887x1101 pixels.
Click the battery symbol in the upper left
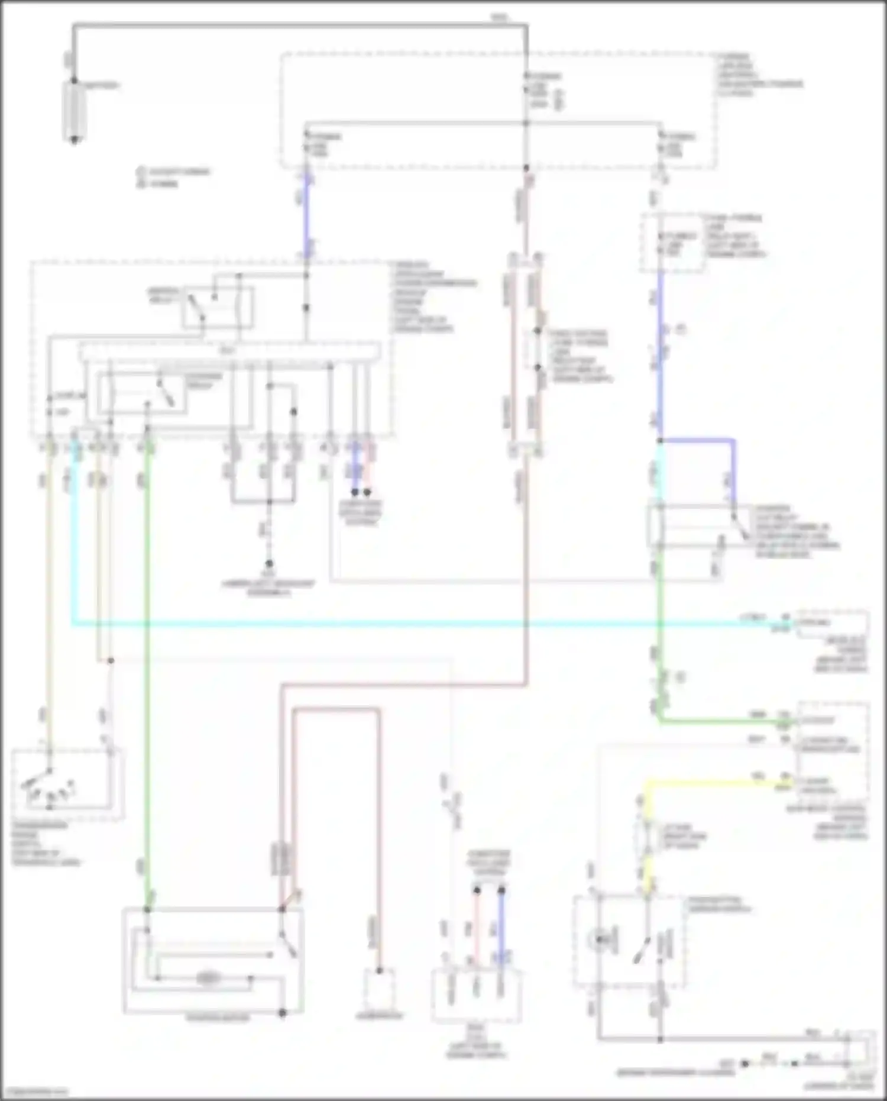click(x=75, y=111)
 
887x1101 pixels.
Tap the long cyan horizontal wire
click(x=414, y=623)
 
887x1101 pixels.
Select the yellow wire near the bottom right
click(x=710, y=782)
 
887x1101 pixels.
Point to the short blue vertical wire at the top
click(x=307, y=213)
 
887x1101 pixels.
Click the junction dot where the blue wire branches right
click(x=660, y=441)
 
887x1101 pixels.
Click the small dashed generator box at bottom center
click(x=379, y=990)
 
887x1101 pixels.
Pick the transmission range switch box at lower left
click(x=67, y=784)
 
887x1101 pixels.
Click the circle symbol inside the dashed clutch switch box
click(x=601, y=939)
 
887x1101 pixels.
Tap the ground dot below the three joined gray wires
click(x=269, y=563)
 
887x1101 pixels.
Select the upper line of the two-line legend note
click(x=174, y=172)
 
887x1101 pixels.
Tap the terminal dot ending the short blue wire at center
click(x=355, y=492)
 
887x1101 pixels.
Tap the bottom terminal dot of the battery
click(x=75, y=140)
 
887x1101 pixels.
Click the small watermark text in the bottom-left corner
click(x=35, y=1092)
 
